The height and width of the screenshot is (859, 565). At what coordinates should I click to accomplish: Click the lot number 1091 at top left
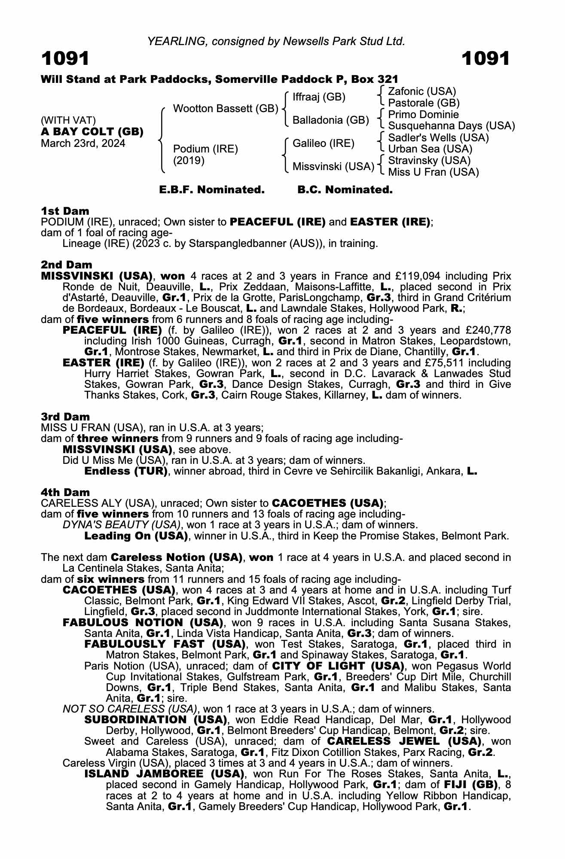point(65,58)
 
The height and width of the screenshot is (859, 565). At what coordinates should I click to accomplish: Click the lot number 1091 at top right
point(486,58)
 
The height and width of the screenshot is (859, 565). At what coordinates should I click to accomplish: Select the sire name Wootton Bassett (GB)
point(225,109)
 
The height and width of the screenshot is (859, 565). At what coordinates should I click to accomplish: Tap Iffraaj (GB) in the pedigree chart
point(319,97)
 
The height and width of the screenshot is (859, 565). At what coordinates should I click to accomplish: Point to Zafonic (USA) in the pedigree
point(421,91)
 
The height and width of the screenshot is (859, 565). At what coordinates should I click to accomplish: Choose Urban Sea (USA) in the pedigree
point(430,149)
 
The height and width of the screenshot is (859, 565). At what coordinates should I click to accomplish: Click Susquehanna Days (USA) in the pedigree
point(451,126)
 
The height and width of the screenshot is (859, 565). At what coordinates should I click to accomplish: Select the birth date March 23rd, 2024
point(83,143)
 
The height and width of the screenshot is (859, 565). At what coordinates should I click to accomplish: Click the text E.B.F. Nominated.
point(212,190)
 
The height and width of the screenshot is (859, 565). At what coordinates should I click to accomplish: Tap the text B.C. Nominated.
point(345,190)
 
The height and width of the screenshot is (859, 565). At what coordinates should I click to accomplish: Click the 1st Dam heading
point(65,211)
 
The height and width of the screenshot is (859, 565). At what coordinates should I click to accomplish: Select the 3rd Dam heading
point(65,417)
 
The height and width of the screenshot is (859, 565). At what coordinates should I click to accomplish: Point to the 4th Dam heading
point(65,492)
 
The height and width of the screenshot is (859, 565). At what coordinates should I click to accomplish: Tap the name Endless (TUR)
point(126,471)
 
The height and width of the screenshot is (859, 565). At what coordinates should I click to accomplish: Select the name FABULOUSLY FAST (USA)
point(165,644)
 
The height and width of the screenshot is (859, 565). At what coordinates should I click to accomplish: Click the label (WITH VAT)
point(68,120)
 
